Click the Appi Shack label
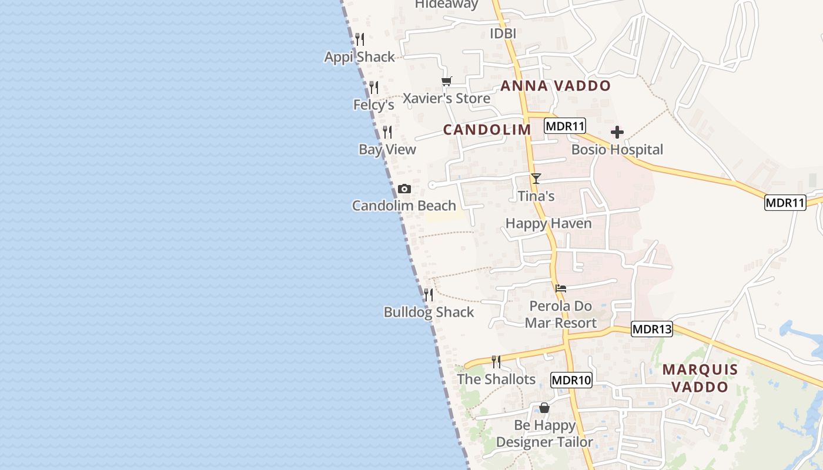pyautogui.click(x=359, y=57)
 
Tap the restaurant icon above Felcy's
pyautogui.click(x=374, y=88)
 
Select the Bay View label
pyautogui.click(x=387, y=149)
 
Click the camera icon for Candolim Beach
pyautogui.click(x=404, y=189)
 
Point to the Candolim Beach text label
pyautogui.click(x=404, y=206)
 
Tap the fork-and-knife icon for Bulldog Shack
pyautogui.click(x=429, y=294)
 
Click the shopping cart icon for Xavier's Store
pyautogui.click(x=446, y=81)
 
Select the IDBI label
pyautogui.click(x=503, y=33)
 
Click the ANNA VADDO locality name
pyautogui.click(x=556, y=86)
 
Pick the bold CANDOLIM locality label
pyautogui.click(x=487, y=130)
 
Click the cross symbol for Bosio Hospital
pyautogui.click(x=617, y=132)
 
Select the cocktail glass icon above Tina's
pyautogui.click(x=536, y=179)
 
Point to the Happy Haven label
pyautogui.click(x=548, y=223)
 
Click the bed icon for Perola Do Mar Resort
pyautogui.click(x=561, y=288)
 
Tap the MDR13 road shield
pyautogui.click(x=651, y=329)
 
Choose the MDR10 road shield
pyautogui.click(x=571, y=380)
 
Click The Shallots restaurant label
pyautogui.click(x=496, y=380)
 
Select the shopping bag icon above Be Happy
pyautogui.click(x=544, y=408)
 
